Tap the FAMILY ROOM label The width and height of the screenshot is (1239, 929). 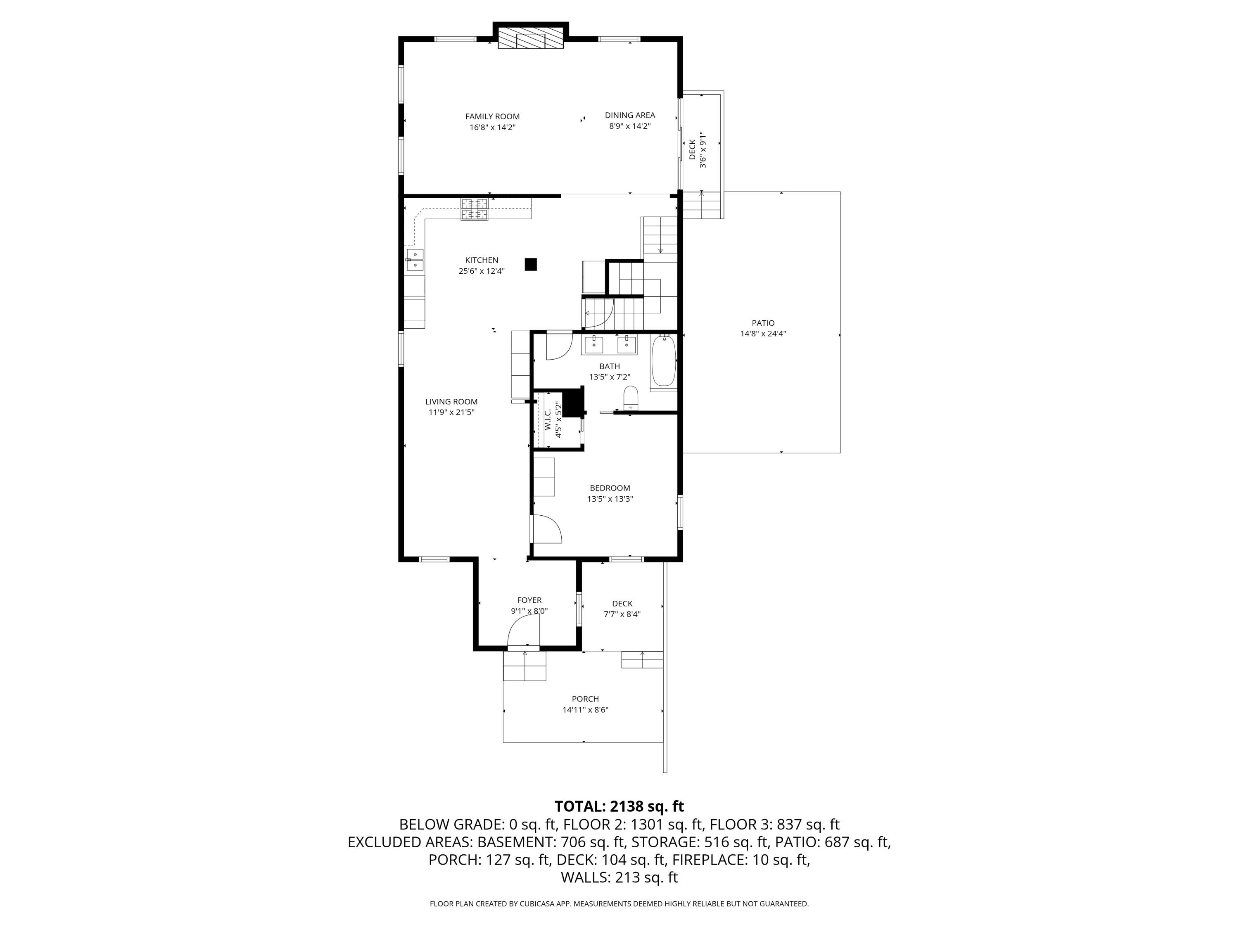pos(492,116)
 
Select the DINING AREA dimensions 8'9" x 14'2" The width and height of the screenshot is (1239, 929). pos(629,126)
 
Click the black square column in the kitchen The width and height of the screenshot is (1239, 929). pos(530,264)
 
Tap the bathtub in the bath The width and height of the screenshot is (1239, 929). pos(664,360)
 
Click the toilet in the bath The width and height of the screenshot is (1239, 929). pos(631,397)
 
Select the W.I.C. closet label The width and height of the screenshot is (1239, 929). pos(547,419)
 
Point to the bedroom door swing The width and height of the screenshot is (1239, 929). pos(546,529)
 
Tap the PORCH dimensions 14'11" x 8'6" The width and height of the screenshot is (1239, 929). pos(585,709)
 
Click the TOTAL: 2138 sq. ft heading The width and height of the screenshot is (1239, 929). pos(619,806)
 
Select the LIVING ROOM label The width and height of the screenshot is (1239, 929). pos(451,401)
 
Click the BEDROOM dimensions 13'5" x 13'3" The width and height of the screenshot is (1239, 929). pos(610,498)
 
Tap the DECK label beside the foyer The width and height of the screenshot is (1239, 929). pos(622,603)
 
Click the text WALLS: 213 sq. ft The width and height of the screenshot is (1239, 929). pos(619,877)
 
